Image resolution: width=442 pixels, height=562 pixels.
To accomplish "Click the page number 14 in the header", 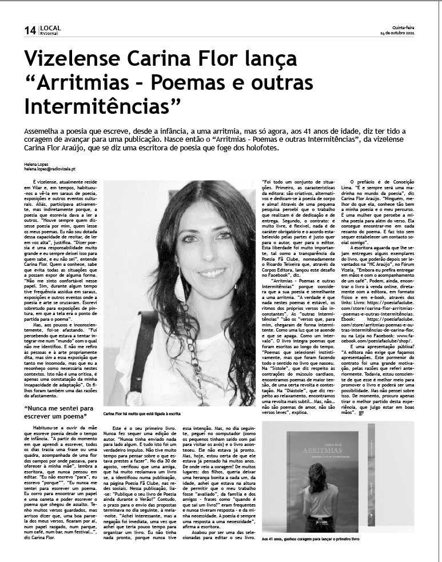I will pyautogui.click(x=30, y=31).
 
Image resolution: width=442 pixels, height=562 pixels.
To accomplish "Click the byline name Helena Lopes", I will pyautogui.click(x=37, y=165).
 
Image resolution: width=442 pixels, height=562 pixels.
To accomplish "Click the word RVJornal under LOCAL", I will pyautogui.click(x=49, y=34).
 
